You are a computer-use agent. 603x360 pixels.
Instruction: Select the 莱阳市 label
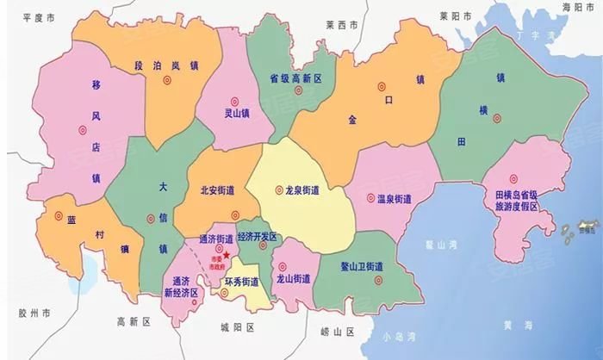point(454,15)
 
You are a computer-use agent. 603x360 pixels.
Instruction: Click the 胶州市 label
point(34,311)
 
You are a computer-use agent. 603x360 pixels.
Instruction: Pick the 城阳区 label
point(237,328)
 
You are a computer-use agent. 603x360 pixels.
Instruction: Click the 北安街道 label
point(217,190)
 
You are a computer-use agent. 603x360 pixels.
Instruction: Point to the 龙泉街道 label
point(308,190)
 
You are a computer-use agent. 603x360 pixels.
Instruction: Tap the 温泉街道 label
point(395,199)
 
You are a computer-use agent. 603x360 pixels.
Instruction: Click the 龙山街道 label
point(293,279)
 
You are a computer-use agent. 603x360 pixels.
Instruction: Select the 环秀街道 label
point(242,282)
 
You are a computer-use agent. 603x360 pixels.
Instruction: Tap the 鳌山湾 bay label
point(440,245)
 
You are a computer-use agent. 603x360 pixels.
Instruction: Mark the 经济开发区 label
point(256,236)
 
